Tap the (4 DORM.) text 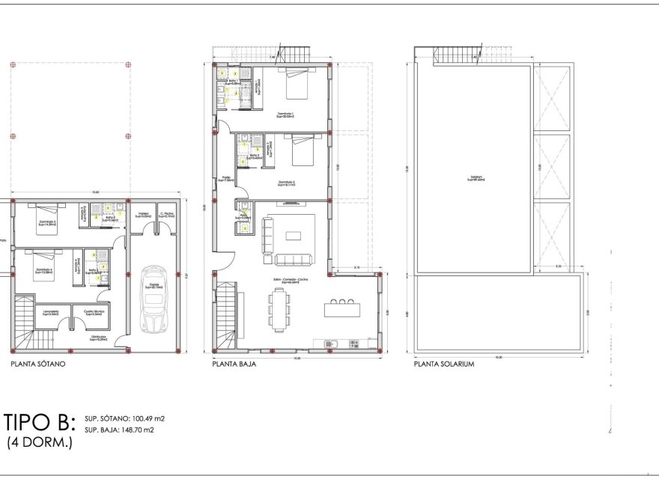pos(40,443)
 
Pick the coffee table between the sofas pos(294,236)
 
